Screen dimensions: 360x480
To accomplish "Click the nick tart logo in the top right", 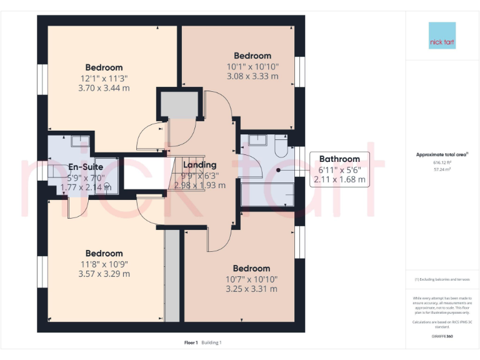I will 442,36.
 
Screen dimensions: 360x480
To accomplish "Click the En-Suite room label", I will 86,167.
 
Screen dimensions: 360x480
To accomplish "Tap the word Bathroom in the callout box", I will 339,159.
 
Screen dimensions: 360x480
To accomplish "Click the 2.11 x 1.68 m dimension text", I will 339,179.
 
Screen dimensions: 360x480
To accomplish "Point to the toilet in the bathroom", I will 281,147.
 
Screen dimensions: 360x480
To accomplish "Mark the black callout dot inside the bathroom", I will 277,169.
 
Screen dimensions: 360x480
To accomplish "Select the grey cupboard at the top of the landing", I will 179,104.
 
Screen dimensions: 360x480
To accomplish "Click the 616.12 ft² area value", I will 442,162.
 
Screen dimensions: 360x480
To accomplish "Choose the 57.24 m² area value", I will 442,169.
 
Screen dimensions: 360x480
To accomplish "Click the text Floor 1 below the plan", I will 191,342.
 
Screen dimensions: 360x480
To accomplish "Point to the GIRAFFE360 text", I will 442,337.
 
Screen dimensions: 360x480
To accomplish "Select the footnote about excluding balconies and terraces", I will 442,279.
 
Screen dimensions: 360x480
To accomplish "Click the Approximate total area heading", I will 442,154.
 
